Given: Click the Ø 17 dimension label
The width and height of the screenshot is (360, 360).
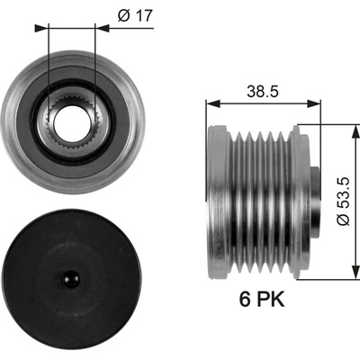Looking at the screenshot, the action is pos(135,15).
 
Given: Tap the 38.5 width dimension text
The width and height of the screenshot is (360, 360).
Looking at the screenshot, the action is pos(263,91).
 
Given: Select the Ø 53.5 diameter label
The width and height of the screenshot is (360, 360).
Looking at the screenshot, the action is pos(343,201).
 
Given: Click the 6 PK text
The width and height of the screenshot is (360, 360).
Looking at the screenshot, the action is pos(262,300).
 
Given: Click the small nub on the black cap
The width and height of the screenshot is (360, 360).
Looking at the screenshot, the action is pos(71,279).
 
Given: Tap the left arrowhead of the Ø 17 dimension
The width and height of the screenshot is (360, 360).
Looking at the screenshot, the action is pos(41,29).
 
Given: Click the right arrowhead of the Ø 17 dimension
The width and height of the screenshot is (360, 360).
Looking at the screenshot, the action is pos(102,29).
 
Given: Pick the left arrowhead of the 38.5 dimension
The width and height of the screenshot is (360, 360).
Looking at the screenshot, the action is pos(213,104).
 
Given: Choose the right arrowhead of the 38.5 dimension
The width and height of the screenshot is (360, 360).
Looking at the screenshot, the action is pos(313,104).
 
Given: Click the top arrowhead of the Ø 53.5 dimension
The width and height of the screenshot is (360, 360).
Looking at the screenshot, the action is pos(355,132).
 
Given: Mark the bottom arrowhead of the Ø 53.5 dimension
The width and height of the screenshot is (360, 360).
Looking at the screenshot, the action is pos(355,272).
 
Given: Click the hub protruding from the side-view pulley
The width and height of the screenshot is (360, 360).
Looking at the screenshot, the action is pos(315,200).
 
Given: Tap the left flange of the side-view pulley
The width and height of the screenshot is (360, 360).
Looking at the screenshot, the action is pos(218,201).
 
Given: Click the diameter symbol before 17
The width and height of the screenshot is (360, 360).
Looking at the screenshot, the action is pos(123,15).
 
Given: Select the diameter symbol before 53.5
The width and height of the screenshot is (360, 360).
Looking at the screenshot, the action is pos(343,220).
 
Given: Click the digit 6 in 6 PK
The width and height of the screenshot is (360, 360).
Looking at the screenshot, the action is pos(245,300).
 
